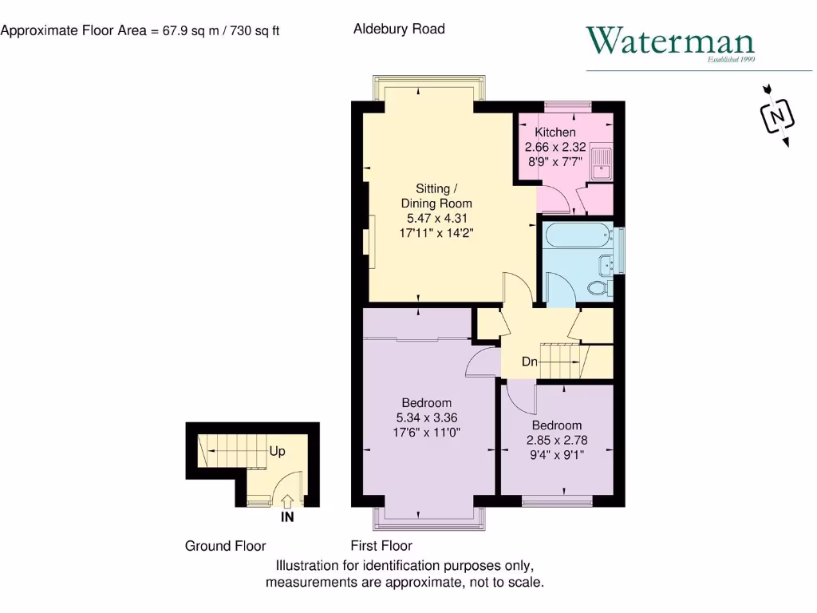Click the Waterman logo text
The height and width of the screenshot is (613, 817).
pos(669,42)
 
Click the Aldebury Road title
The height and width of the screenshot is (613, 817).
pos(399,29)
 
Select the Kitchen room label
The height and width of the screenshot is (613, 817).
pos(555,132)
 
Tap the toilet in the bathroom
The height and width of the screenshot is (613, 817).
pos(598,287)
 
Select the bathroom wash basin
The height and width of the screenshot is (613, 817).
pos(605,263)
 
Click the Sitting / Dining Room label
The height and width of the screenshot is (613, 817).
pos(436,196)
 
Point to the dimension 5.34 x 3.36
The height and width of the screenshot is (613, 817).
pos(426,417)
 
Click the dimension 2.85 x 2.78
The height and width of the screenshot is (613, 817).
pos(557,440)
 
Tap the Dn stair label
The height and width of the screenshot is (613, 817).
pos(530,362)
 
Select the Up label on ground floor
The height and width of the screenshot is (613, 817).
pos(277,451)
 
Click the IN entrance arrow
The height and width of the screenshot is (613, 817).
pos(287,500)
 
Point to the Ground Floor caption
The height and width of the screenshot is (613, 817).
pos(225,546)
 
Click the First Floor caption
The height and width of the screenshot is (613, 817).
pos(381,546)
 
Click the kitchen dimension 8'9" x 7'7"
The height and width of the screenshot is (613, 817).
pos(555,161)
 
